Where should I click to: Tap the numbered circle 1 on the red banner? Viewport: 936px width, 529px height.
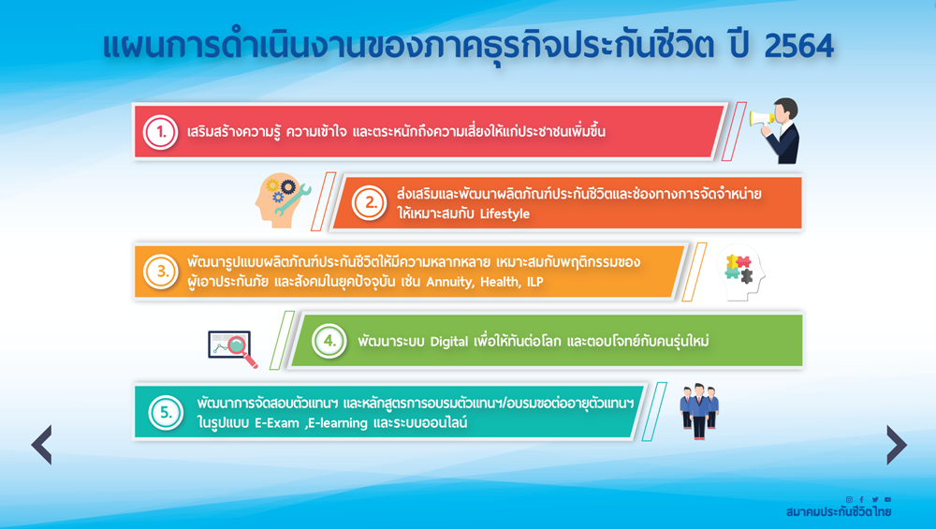161,132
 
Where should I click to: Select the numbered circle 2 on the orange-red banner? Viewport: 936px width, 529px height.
369,203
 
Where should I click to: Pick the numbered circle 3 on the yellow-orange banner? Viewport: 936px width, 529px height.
161,272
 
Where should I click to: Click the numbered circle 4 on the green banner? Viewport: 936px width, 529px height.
329,341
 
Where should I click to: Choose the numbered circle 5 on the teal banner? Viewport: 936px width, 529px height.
166,413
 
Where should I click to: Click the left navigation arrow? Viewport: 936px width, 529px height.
42,445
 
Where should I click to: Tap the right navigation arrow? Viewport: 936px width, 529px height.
897,445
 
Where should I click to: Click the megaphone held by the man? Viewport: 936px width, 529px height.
762,118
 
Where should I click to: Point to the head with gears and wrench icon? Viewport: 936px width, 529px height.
283,200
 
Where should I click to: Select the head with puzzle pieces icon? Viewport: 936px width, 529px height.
740,272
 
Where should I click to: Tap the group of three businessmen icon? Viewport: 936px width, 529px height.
699,411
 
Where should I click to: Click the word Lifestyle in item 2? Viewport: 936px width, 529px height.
505,213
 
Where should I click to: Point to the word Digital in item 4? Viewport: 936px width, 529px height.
449,342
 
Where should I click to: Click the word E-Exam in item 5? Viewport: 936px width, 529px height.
277,422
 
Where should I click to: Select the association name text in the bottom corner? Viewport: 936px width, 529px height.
839,512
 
